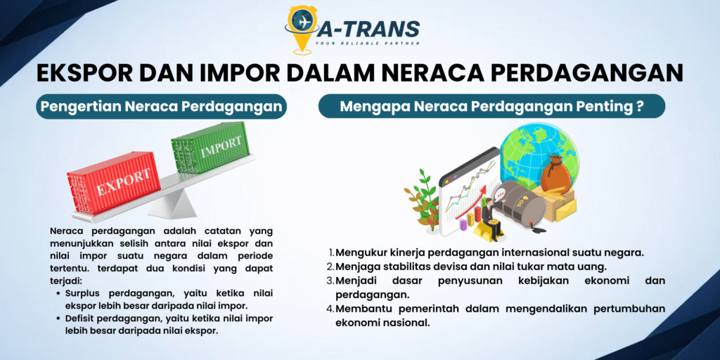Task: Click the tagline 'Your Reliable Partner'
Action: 367,44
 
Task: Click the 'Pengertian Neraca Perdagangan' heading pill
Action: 161,107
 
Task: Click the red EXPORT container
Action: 114,183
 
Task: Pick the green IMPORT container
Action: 210,148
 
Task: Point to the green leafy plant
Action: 423,199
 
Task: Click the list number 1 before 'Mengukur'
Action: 332,253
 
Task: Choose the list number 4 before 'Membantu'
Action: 330,309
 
